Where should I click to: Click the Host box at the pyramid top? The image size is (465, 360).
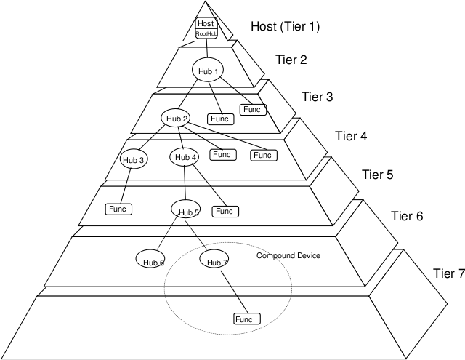click(x=206, y=23)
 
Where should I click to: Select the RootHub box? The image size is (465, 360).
click(x=206, y=33)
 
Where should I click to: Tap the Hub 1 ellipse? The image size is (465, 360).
click(x=207, y=70)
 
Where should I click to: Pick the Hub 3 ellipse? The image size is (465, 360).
click(x=134, y=160)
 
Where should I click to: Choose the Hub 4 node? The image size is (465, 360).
click(x=185, y=157)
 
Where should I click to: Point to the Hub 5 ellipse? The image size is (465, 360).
click(x=185, y=211)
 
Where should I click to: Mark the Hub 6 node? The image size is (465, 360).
click(x=151, y=259)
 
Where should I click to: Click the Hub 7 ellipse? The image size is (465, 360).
click(x=214, y=260)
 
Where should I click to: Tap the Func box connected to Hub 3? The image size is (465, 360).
click(x=118, y=209)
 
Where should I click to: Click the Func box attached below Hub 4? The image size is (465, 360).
click(x=224, y=211)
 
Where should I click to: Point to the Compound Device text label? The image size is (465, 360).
click(x=288, y=256)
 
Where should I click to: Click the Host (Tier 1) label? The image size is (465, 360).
click(x=286, y=27)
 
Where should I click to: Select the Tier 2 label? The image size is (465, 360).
click(x=291, y=60)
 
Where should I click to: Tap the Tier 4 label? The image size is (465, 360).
click(x=352, y=135)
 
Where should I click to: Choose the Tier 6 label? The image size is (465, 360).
click(x=407, y=216)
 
